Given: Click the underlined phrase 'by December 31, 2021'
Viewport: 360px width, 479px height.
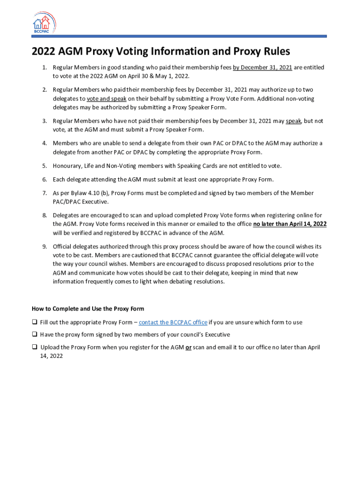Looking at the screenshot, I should (x=262, y=68).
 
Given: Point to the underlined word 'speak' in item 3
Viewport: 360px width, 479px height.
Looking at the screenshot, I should (x=294, y=121).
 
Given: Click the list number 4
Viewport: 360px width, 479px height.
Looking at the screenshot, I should (x=44, y=143).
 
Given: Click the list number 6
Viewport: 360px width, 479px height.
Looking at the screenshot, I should (x=44, y=179).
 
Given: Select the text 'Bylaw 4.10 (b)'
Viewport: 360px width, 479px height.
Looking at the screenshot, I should (x=83, y=193).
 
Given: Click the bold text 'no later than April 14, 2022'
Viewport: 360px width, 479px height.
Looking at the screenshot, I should (x=290, y=224).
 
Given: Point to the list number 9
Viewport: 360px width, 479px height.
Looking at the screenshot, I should (x=44, y=247).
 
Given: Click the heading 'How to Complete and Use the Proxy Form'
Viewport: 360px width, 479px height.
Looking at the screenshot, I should (x=88, y=309).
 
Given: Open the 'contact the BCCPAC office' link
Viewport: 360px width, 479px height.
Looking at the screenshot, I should (x=173, y=322).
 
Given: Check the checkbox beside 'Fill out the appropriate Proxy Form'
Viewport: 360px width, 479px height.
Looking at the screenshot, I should (x=35, y=322).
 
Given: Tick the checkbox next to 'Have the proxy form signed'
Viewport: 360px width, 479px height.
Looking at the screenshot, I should (x=35, y=335).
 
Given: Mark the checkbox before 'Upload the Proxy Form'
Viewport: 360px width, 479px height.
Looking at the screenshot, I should (x=35, y=348).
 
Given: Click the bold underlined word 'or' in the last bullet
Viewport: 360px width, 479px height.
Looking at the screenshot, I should (x=188, y=348).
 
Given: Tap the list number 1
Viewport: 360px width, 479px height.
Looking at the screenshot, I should (x=44, y=68).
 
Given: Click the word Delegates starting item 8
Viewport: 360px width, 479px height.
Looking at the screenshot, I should (x=66, y=215).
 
